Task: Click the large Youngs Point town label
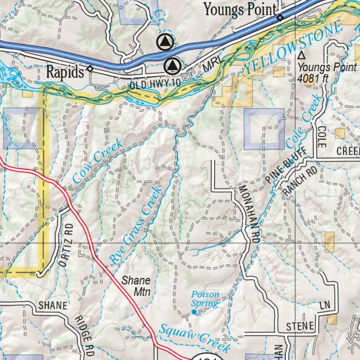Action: [240, 9]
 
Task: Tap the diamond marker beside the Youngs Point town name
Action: [280, 18]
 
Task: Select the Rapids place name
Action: [65, 72]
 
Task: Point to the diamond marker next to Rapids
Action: [90, 68]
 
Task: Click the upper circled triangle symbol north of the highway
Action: [164, 43]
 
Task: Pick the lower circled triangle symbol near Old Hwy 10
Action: [173, 65]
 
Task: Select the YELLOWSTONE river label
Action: [293, 49]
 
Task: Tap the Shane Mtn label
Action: [136, 286]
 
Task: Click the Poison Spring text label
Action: [205, 299]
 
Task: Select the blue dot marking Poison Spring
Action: [194, 312]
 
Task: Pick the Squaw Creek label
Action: [194, 338]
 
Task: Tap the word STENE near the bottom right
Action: [300, 326]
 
